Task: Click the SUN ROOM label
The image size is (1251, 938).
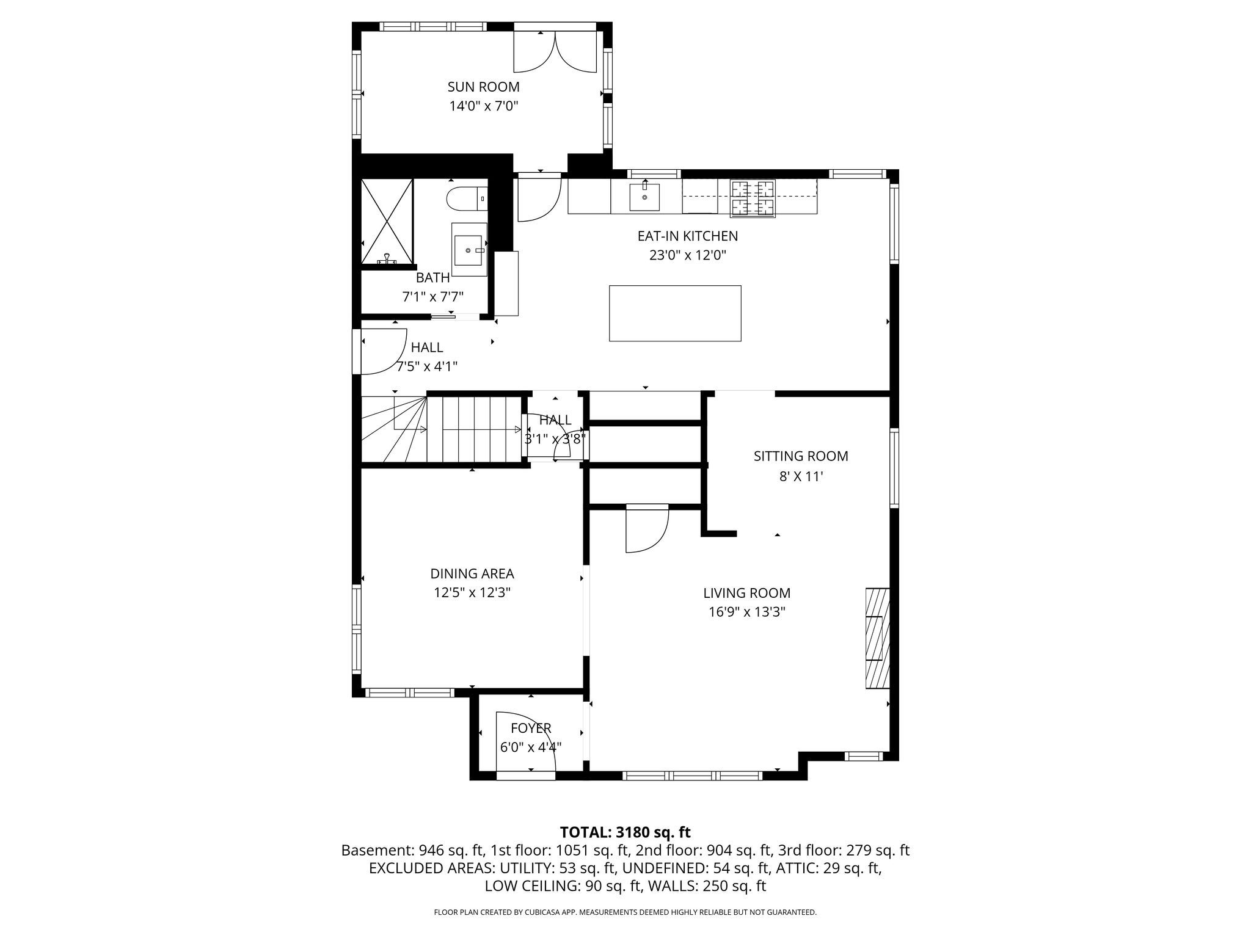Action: point(483,87)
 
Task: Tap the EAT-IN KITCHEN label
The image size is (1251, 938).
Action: point(687,236)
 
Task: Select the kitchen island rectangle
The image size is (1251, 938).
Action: point(675,313)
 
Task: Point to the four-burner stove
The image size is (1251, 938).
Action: point(753,198)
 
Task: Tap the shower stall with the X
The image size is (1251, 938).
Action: point(387,222)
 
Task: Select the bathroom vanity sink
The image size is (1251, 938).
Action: point(469,249)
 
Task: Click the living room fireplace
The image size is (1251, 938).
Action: point(877,638)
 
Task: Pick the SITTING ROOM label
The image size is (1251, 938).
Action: point(801,456)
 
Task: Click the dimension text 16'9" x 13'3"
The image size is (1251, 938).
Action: point(746,612)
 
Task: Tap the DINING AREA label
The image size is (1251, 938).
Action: point(472,573)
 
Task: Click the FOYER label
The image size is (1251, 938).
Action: point(531,728)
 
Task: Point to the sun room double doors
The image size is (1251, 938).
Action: point(555,51)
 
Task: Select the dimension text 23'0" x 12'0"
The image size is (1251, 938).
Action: point(687,255)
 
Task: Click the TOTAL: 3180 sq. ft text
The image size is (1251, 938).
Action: point(625,832)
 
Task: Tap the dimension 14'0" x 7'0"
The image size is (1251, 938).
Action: point(483,106)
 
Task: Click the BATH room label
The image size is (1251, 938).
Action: point(432,278)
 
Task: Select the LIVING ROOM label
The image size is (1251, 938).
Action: point(746,593)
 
